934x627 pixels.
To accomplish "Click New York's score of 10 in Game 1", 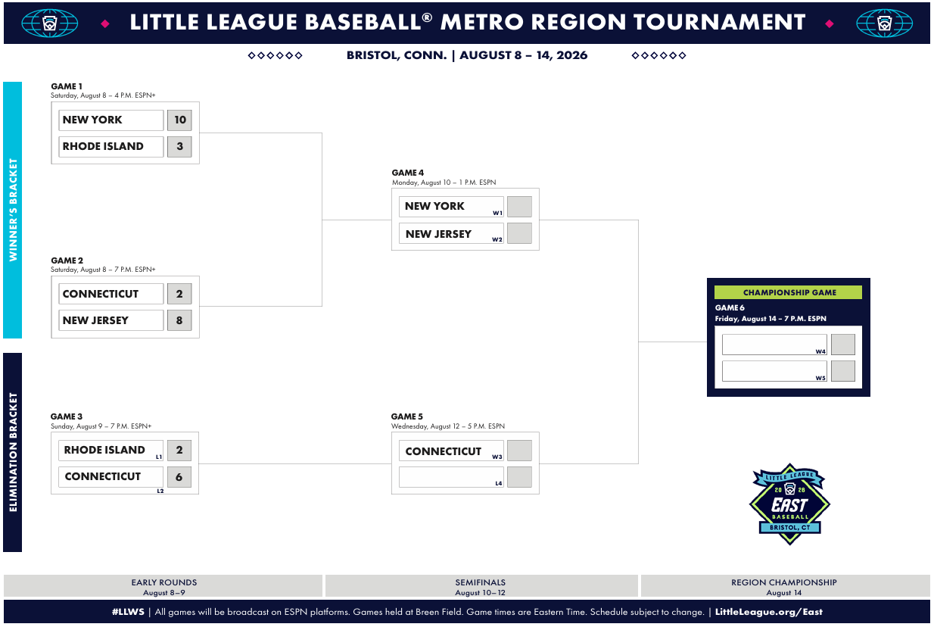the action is tap(179, 120).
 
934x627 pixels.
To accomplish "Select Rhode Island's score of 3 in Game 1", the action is tap(179, 146).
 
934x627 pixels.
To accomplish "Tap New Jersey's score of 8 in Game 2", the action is tap(179, 320).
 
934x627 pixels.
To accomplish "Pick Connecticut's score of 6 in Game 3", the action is tap(179, 477).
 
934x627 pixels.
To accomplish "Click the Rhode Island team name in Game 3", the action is tap(104, 450).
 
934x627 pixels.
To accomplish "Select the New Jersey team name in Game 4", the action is tap(438, 234).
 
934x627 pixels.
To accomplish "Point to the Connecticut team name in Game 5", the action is tap(444, 451).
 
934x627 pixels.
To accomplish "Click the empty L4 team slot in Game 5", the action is tap(451, 477).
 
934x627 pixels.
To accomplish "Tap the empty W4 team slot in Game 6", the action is tap(774, 345).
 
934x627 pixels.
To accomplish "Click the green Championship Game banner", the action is tap(788, 292).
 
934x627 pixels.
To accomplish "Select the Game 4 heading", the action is tap(407, 173).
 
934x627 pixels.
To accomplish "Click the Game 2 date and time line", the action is tap(103, 270).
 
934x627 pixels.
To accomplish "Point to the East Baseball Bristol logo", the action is tap(789, 504).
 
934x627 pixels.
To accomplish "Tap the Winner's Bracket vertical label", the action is tap(13, 210).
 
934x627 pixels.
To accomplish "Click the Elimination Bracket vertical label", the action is tap(13, 452).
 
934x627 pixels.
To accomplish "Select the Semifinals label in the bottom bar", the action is tap(480, 582).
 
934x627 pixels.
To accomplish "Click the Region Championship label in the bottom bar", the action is tap(784, 582).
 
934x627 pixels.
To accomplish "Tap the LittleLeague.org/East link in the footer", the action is tap(769, 612).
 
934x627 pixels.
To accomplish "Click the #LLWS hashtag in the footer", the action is tap(128, 612).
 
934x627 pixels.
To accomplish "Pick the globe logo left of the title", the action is tap(50, 23).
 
